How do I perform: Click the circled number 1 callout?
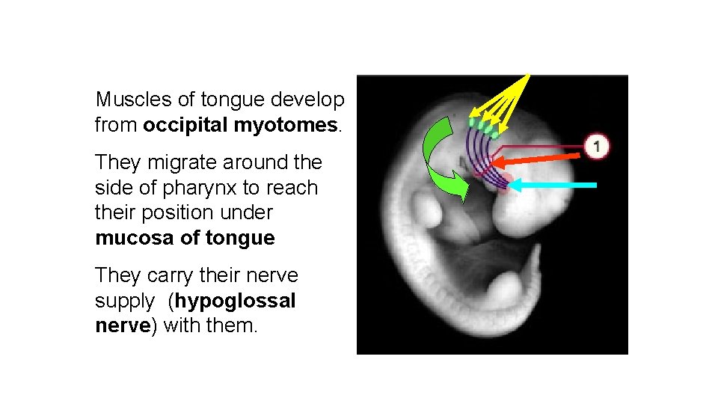(596, 145)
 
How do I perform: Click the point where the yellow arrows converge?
(529, 76)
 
